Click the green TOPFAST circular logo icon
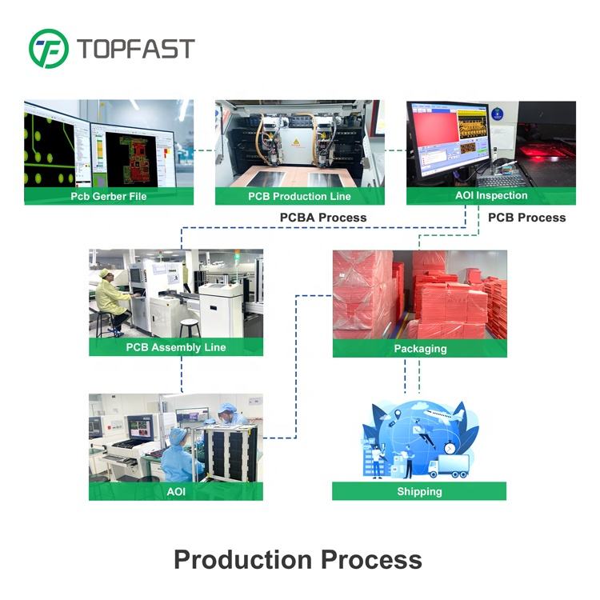tap(49, 48)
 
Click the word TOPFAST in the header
tap(136, 48)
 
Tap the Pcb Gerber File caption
tap(109, 196)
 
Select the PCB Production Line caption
tap(299, 196)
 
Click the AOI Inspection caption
tap(490, 195)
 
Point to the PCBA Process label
tap(323, 218)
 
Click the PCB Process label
tap(526, 218)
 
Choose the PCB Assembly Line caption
tap(175, 347)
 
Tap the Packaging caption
tap(419, 349)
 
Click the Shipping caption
tap(419, 491)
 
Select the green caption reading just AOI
tap(175, 491)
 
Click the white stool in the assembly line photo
tap(189, 326)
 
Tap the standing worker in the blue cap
tap(228, 416)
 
